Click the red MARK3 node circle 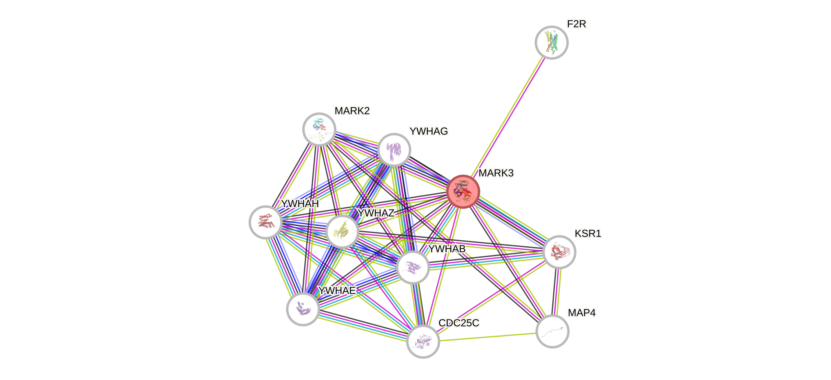pyautogui.click(x=463, y=192)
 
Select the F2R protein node pyautogui.click(x=551, y=42)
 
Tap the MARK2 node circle pyautogui.click(x=319, y=129)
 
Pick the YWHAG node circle pyautogui.click(x=394, y=150)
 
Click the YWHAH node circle pyautogui.click(x=265, y=222)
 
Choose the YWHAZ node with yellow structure pyautogui.click(x=342, y=231)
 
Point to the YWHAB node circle pyautogui.click(x=413, y=267)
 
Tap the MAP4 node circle pyautogui.click(x=552, y=331)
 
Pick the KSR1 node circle pyautogui.click(x=559, y=252)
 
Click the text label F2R pyautogui.click(x=577, y=24)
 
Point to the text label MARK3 pyautogui.click(x=496, y=173)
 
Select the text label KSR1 pyautogui.click(x=588, y=233)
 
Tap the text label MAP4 pyautogui.click(x=582, y=312)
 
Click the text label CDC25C pyautogui.click(x=459, y=323)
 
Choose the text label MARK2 pyautogui.click(x=352, y=111)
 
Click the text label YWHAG pyautogui.click(x=429, y=131)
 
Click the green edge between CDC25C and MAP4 pyautogui.click(x=488, y=337)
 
